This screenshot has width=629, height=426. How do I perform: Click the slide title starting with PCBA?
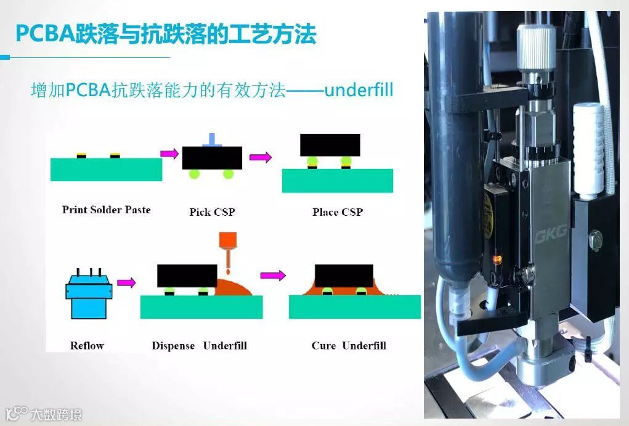165,34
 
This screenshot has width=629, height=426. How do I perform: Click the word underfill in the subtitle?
359,90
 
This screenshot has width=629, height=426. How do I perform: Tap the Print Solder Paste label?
106,210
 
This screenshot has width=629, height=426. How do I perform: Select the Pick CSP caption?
212,212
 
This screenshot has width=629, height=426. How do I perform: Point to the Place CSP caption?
337,212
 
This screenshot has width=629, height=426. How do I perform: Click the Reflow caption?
87,345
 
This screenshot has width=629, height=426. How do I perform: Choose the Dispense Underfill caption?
199,345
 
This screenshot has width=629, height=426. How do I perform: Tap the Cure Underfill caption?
349,345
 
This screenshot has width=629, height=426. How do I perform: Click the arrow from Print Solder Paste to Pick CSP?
169,153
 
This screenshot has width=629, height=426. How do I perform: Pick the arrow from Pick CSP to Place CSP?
261,157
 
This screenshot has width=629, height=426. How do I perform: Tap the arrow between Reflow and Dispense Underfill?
126,282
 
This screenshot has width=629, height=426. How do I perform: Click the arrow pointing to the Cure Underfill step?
273,276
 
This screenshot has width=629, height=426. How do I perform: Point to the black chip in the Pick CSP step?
212,158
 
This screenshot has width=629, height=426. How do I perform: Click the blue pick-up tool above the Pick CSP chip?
212,139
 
